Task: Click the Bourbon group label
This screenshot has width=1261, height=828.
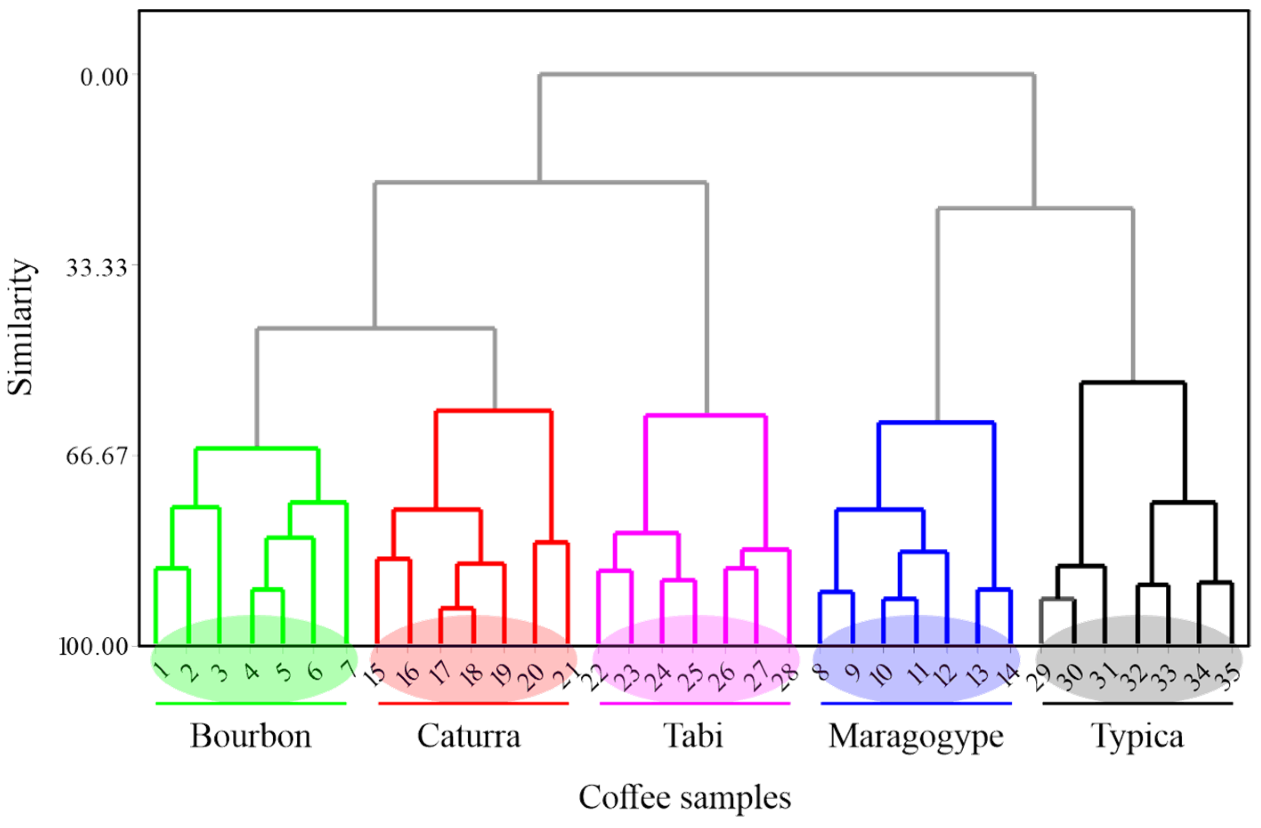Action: click(251, 736)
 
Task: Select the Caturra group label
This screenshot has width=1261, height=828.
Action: click(469, 736)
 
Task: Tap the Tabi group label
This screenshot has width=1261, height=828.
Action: click(693, 736)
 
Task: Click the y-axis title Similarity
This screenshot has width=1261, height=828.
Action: click(21, 327)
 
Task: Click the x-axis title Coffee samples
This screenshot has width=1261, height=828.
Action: click(685, 797)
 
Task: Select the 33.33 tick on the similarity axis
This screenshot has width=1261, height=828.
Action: click(98, 267)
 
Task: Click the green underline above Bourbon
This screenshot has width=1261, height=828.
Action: click(251, 703)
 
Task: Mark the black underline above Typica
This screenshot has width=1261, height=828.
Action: click(1138, 703)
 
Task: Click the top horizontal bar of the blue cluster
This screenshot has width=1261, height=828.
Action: click(936, 423)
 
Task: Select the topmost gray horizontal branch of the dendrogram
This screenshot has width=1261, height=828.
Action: click(787, 75)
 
